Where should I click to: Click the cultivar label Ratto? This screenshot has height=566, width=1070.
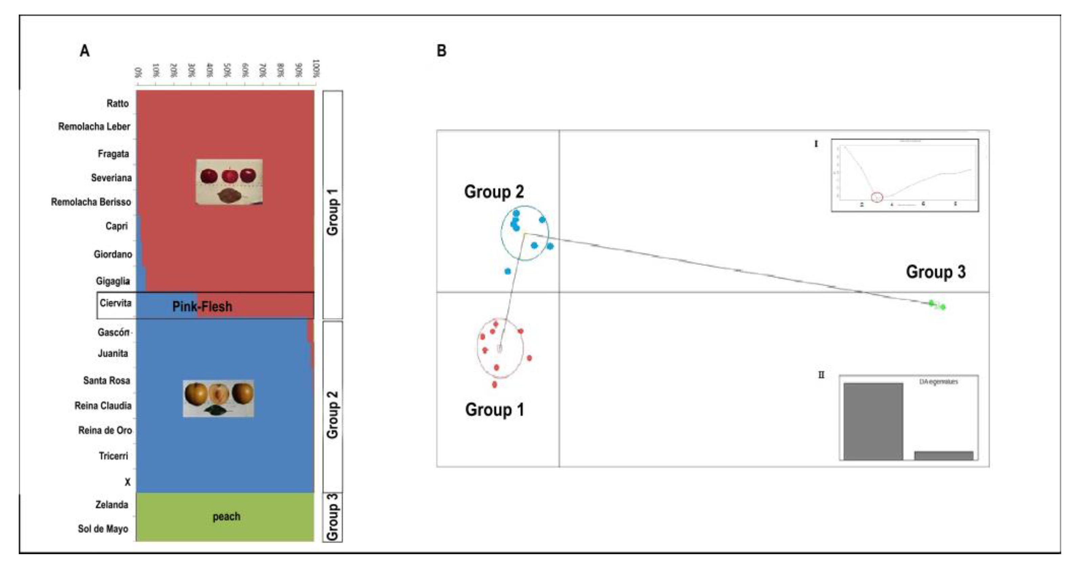[117, 104]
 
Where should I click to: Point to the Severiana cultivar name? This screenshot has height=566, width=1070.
[111, 178]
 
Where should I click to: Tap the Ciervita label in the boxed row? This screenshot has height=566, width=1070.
[115, 303]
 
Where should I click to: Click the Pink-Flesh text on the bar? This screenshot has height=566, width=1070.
[202, 307]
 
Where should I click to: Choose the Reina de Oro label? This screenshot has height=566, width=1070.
[105, 430]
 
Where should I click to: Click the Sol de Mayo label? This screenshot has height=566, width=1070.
[103, 529]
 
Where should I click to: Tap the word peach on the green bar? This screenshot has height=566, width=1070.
[226, 517]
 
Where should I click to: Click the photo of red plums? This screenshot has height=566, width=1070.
[229, 181]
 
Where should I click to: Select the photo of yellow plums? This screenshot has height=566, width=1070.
[219, 398]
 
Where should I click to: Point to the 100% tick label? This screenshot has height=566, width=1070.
[316, 69]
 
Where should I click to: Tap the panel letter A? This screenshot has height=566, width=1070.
[84, 51]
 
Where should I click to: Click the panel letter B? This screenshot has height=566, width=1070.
[441, 51]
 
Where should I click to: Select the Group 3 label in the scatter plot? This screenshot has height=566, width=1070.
[935, 272]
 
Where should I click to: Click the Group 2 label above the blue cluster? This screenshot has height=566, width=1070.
[494, 192]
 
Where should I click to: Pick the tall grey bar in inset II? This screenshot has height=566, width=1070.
[873, 421]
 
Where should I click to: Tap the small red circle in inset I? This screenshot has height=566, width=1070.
[877, 197]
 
